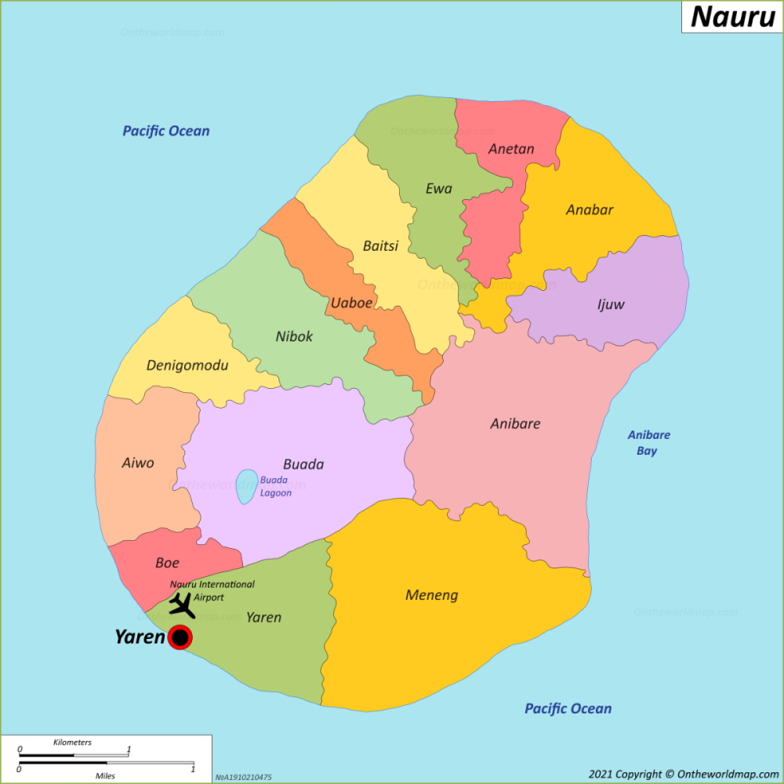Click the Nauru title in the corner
pos(733,16)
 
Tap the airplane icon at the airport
pos(182,605)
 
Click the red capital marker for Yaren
pos(180,637)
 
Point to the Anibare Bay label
pos(648,443)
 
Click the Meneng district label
pos(432,595)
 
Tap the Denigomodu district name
pos(187,366)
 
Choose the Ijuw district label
pos(611,304)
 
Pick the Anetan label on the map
pos(511,149)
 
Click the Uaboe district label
pos(351,303)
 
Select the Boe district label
pos(168,562)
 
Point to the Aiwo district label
pos(138,463)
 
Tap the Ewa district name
pos(439,188)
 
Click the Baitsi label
pos(381,245)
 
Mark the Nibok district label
pos(294,336)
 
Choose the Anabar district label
pos(590,210)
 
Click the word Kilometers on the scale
pos(72,742)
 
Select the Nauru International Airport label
pos(212,590)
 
